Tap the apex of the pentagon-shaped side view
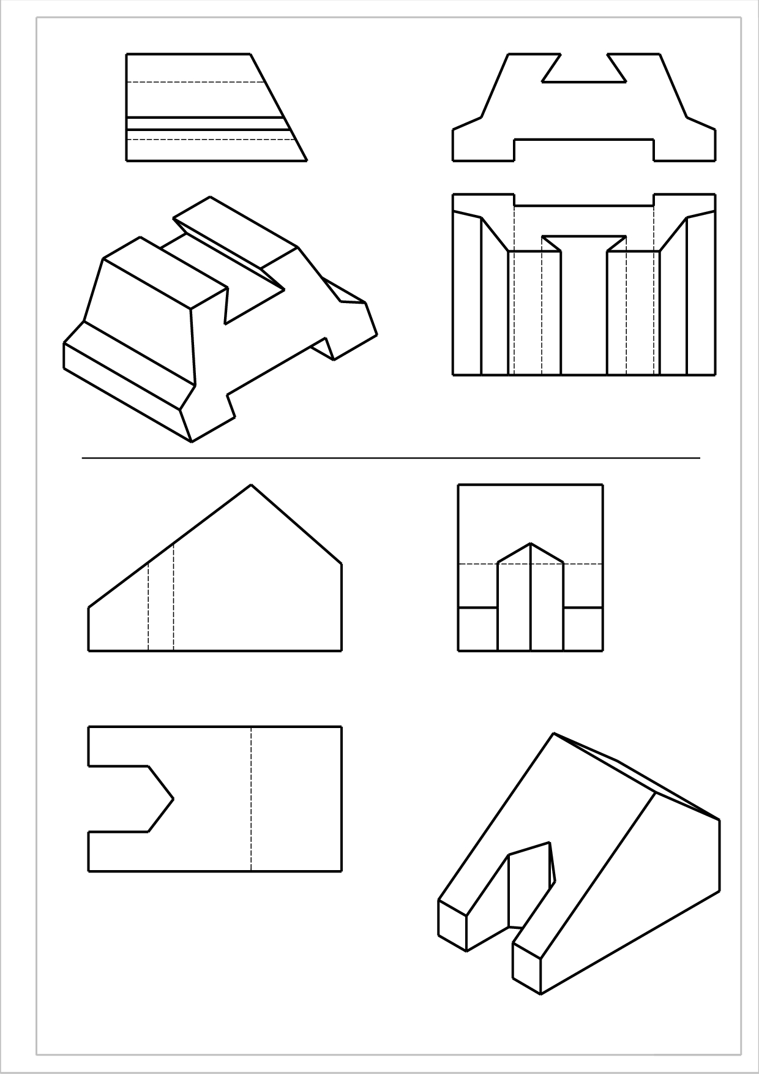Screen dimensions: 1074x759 coord(251,485)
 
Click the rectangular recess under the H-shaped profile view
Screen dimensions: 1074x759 coord(584,151)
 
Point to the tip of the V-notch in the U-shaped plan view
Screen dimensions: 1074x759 coord(173,798)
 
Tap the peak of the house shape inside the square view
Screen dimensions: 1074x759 coord(530,543)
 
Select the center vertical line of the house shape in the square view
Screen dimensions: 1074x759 coord(530,600)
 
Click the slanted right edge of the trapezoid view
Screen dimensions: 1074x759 coord(279,108)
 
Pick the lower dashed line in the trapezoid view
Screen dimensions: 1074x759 coord(208,140)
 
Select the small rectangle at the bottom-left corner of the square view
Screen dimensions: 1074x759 coord(477,629)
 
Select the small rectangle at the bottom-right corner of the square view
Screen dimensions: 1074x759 coord(583,629)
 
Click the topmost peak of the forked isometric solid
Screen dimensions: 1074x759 coord(554,734)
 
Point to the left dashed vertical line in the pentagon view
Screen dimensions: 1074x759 coord(148,606)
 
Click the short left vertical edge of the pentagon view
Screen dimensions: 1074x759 coord(89,629)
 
